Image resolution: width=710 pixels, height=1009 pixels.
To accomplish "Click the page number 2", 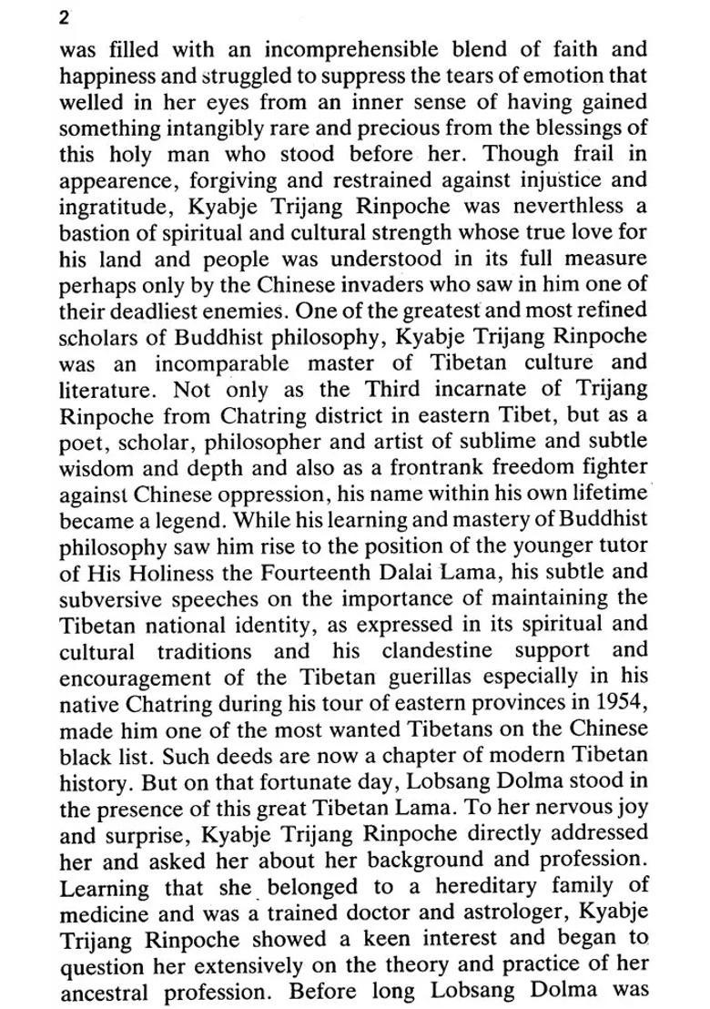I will pos(65,17).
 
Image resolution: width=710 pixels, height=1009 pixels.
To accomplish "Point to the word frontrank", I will pos(460,467).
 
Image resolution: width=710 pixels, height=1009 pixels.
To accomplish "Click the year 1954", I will pos(620,704).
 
